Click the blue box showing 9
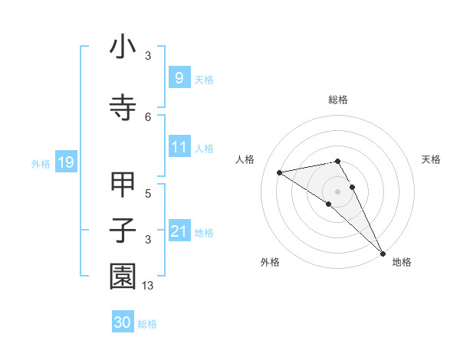pyautogui.click(x=179, y=77)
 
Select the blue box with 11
pyautogui.click(x=179, y=147)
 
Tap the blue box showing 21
pyautogui.click(x=179, y=231)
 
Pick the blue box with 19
pyautogui.click(x=65, y=162)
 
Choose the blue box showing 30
pyautogui.click(x=123, y=322)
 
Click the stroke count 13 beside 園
pyautogui.click(x=149, y=286)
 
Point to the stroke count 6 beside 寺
pyautogui.click(x=148, y=116)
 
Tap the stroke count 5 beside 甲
pyautogui.click(x=148, y=194)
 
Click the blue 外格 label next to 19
pyautogui.click(x=40, y=163)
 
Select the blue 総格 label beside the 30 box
pyautogui.click(x=147, y=323)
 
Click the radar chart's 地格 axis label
pyautogui.click(x=402, y=262)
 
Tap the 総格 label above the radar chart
pyautogui.click(x=338, y=100)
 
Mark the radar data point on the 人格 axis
pyautogui.click(x=280, y=172)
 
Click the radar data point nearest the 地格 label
pyautogui.click(x=383, y=253)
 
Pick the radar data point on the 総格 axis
pyautogui.click(x=338, y=162)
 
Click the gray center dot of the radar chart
pyautogui.click(x=338, y=191)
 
